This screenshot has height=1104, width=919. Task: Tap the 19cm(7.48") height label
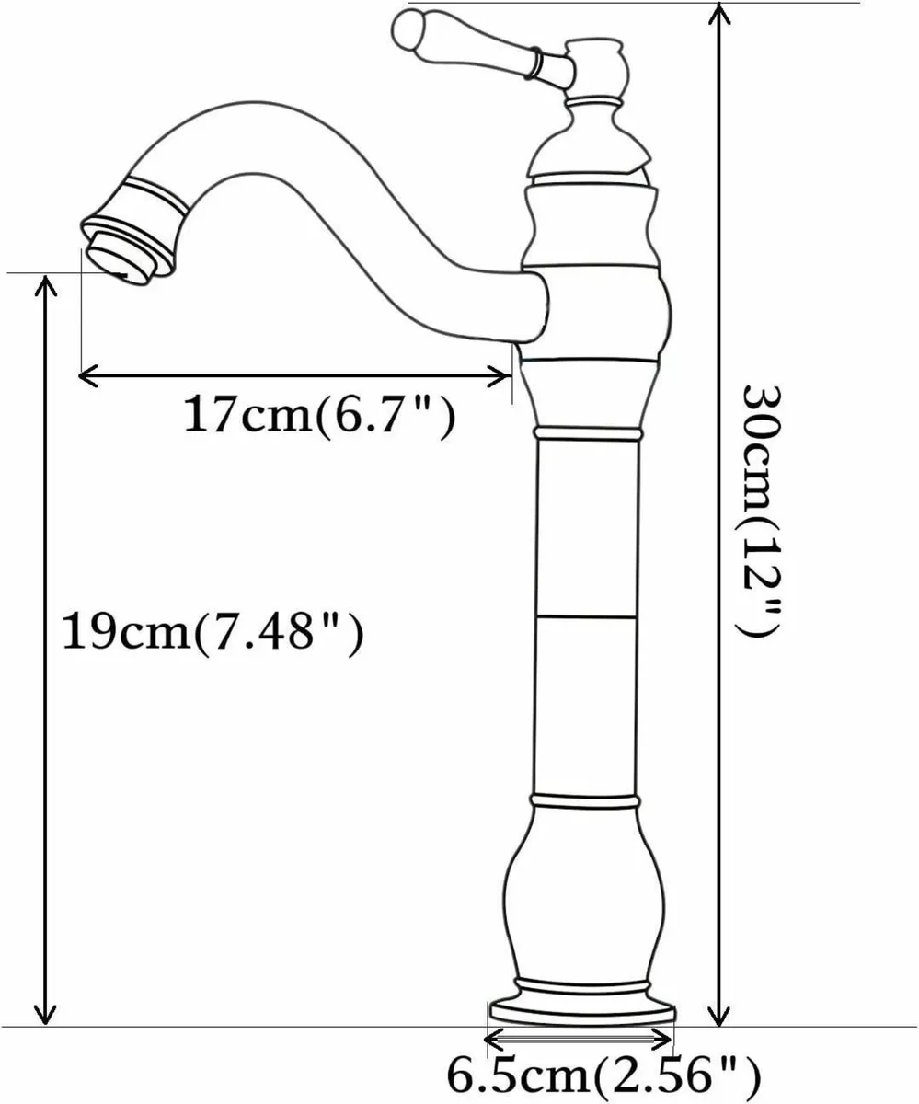[x=211, y=632]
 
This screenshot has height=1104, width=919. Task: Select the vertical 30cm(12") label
[x=763, y=510]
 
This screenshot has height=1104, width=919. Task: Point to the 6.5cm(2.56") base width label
[x=603, y=1072]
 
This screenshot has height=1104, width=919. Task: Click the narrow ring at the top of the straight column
[x=585, y=432]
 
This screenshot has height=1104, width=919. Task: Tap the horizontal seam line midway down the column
[x=585, y=615]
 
